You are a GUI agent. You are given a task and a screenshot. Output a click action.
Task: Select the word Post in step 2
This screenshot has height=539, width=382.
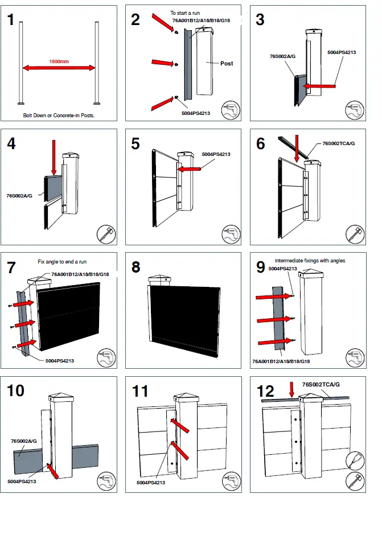click(227, 63)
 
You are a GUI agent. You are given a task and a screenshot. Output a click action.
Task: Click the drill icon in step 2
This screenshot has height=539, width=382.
click(231, 110)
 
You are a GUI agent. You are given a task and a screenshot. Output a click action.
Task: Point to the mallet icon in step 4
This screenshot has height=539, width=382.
click(106, 234)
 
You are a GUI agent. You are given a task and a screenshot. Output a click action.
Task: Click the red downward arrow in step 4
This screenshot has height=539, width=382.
click(54, 158)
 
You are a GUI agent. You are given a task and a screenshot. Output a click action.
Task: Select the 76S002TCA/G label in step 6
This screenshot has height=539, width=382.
click(339, 143)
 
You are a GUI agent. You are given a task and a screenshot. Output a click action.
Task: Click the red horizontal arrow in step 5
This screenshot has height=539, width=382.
click(188, 169)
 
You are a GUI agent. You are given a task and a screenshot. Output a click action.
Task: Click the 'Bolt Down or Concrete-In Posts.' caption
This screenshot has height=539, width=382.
click(59, 115)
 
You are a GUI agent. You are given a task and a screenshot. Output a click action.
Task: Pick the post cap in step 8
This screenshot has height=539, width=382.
click(158, 279)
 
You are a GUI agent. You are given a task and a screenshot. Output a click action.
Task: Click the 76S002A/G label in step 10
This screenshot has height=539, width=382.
click(24, 441)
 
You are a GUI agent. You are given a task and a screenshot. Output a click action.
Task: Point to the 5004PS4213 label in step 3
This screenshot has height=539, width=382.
click(342, 52)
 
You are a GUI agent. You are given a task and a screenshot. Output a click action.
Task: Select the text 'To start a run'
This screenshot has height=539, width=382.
click(185, 12)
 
